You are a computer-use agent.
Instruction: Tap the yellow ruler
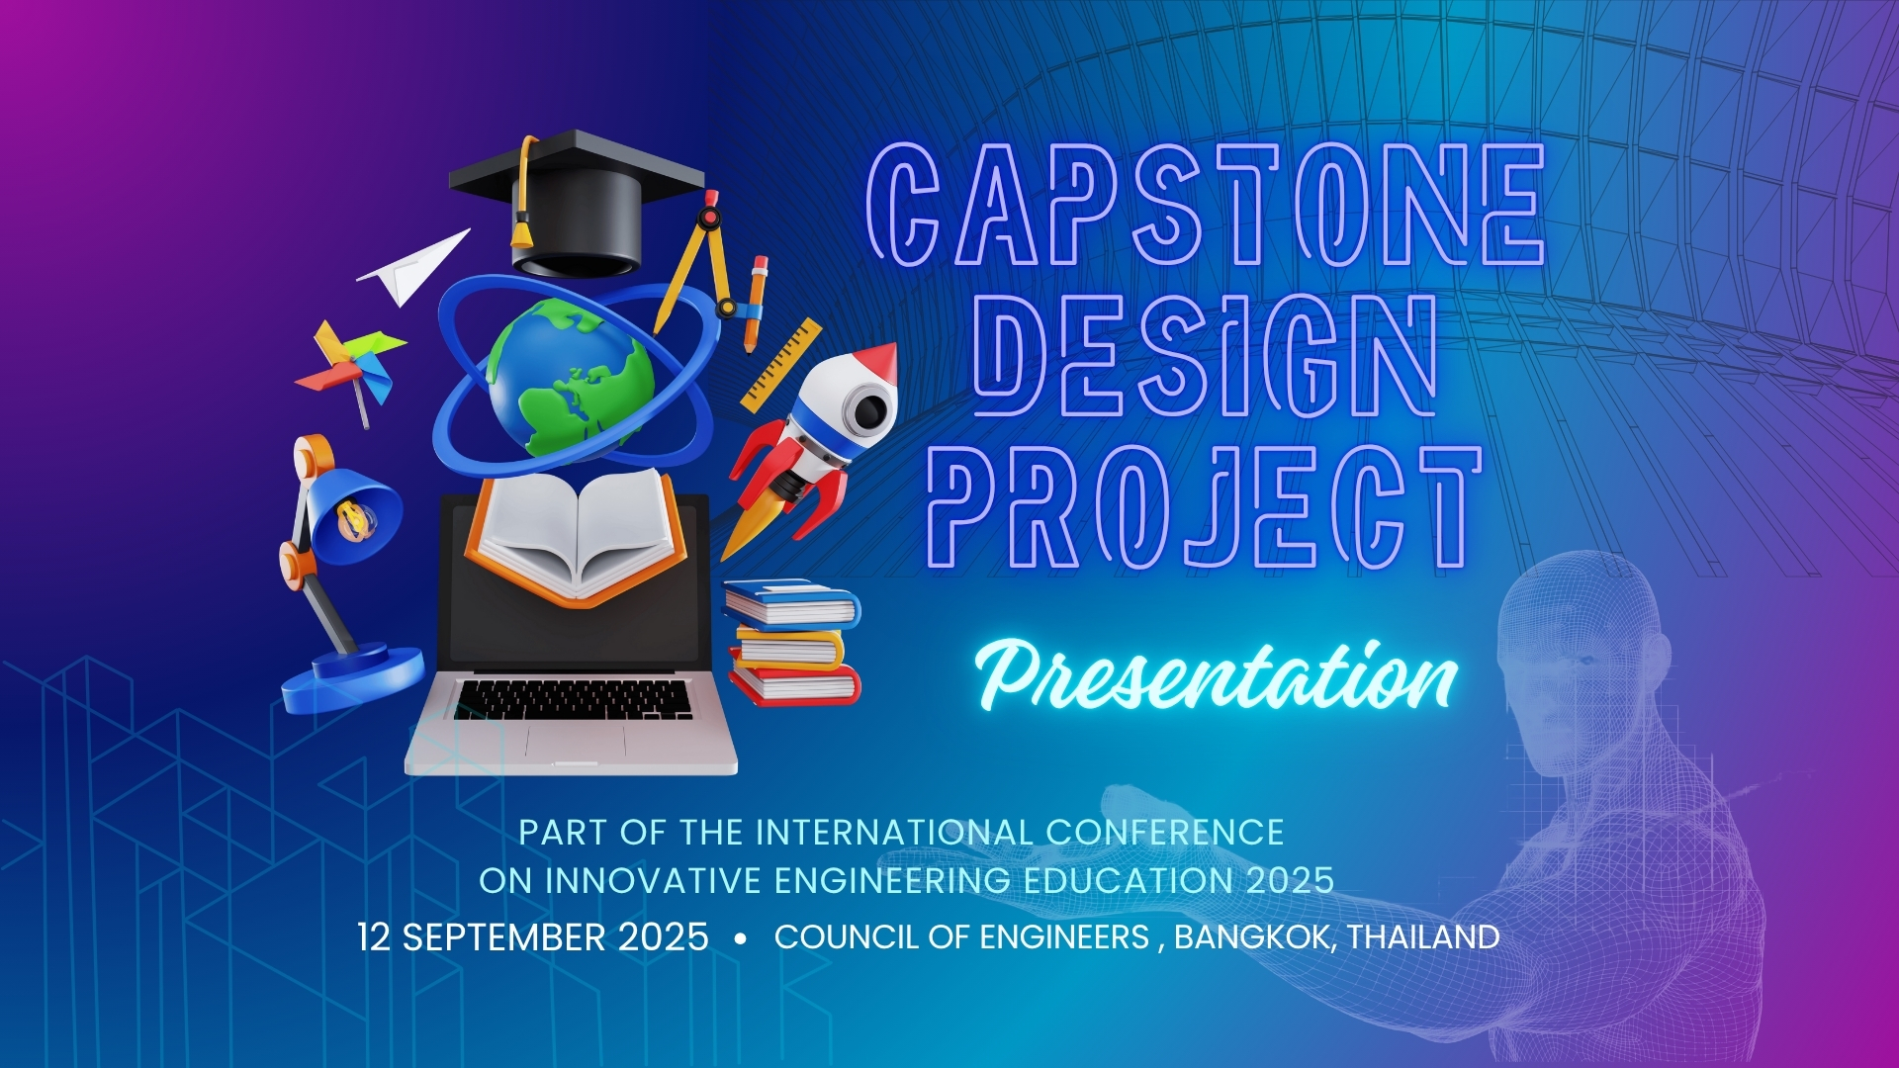[x=781, y=365]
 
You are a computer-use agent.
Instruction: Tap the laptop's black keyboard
[x=574, y=699]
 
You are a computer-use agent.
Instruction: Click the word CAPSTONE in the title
[x=1206, y=206]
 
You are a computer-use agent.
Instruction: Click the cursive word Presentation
[x=1218, y=676]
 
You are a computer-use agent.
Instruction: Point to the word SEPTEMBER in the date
[x=505, y=936]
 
